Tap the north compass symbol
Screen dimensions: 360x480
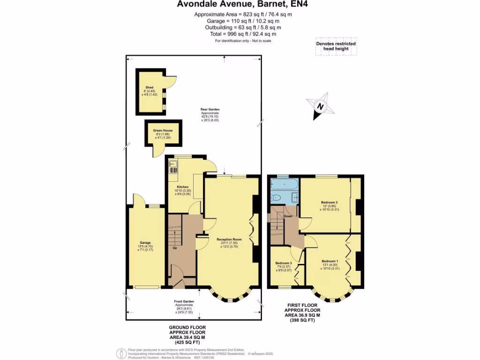click(x=320, y=106)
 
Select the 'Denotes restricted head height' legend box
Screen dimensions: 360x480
click(x=335, y=46)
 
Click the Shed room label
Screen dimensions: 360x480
click(x=150, y=88)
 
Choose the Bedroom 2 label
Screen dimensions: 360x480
click(x=330, y=202)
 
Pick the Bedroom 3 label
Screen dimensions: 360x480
click(x=284, y=263)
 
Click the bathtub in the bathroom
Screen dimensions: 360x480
click(x=284, y=185)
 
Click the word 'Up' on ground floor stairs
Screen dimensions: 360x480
click(x=175, y=248)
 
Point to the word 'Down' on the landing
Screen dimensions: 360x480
click(x=288, y=216)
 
